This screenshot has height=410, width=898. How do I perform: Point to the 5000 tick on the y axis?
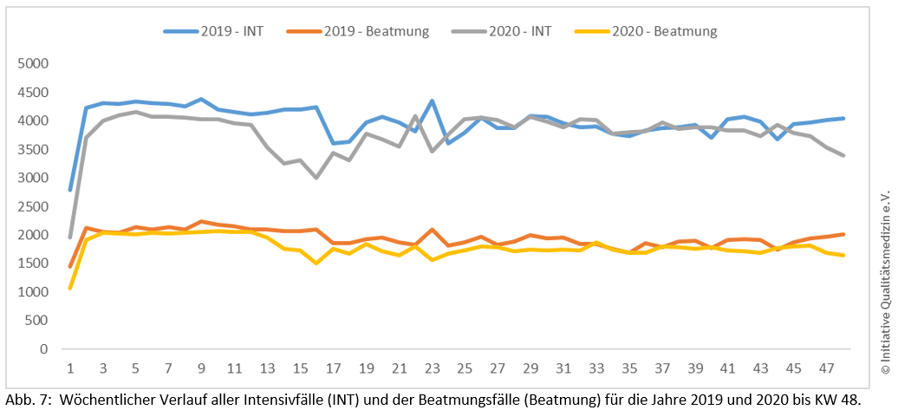pos(33,64)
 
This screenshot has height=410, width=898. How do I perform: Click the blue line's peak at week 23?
pos(432,101)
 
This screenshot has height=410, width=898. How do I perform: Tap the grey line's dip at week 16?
pos(316,178)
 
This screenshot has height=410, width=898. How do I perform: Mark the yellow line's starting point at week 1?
pos(70,289)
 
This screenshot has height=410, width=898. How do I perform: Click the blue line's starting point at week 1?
pos(70,190)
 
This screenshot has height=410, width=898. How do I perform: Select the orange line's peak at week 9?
pos(201,221)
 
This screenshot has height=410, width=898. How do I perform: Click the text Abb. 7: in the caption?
pos(27,399)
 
